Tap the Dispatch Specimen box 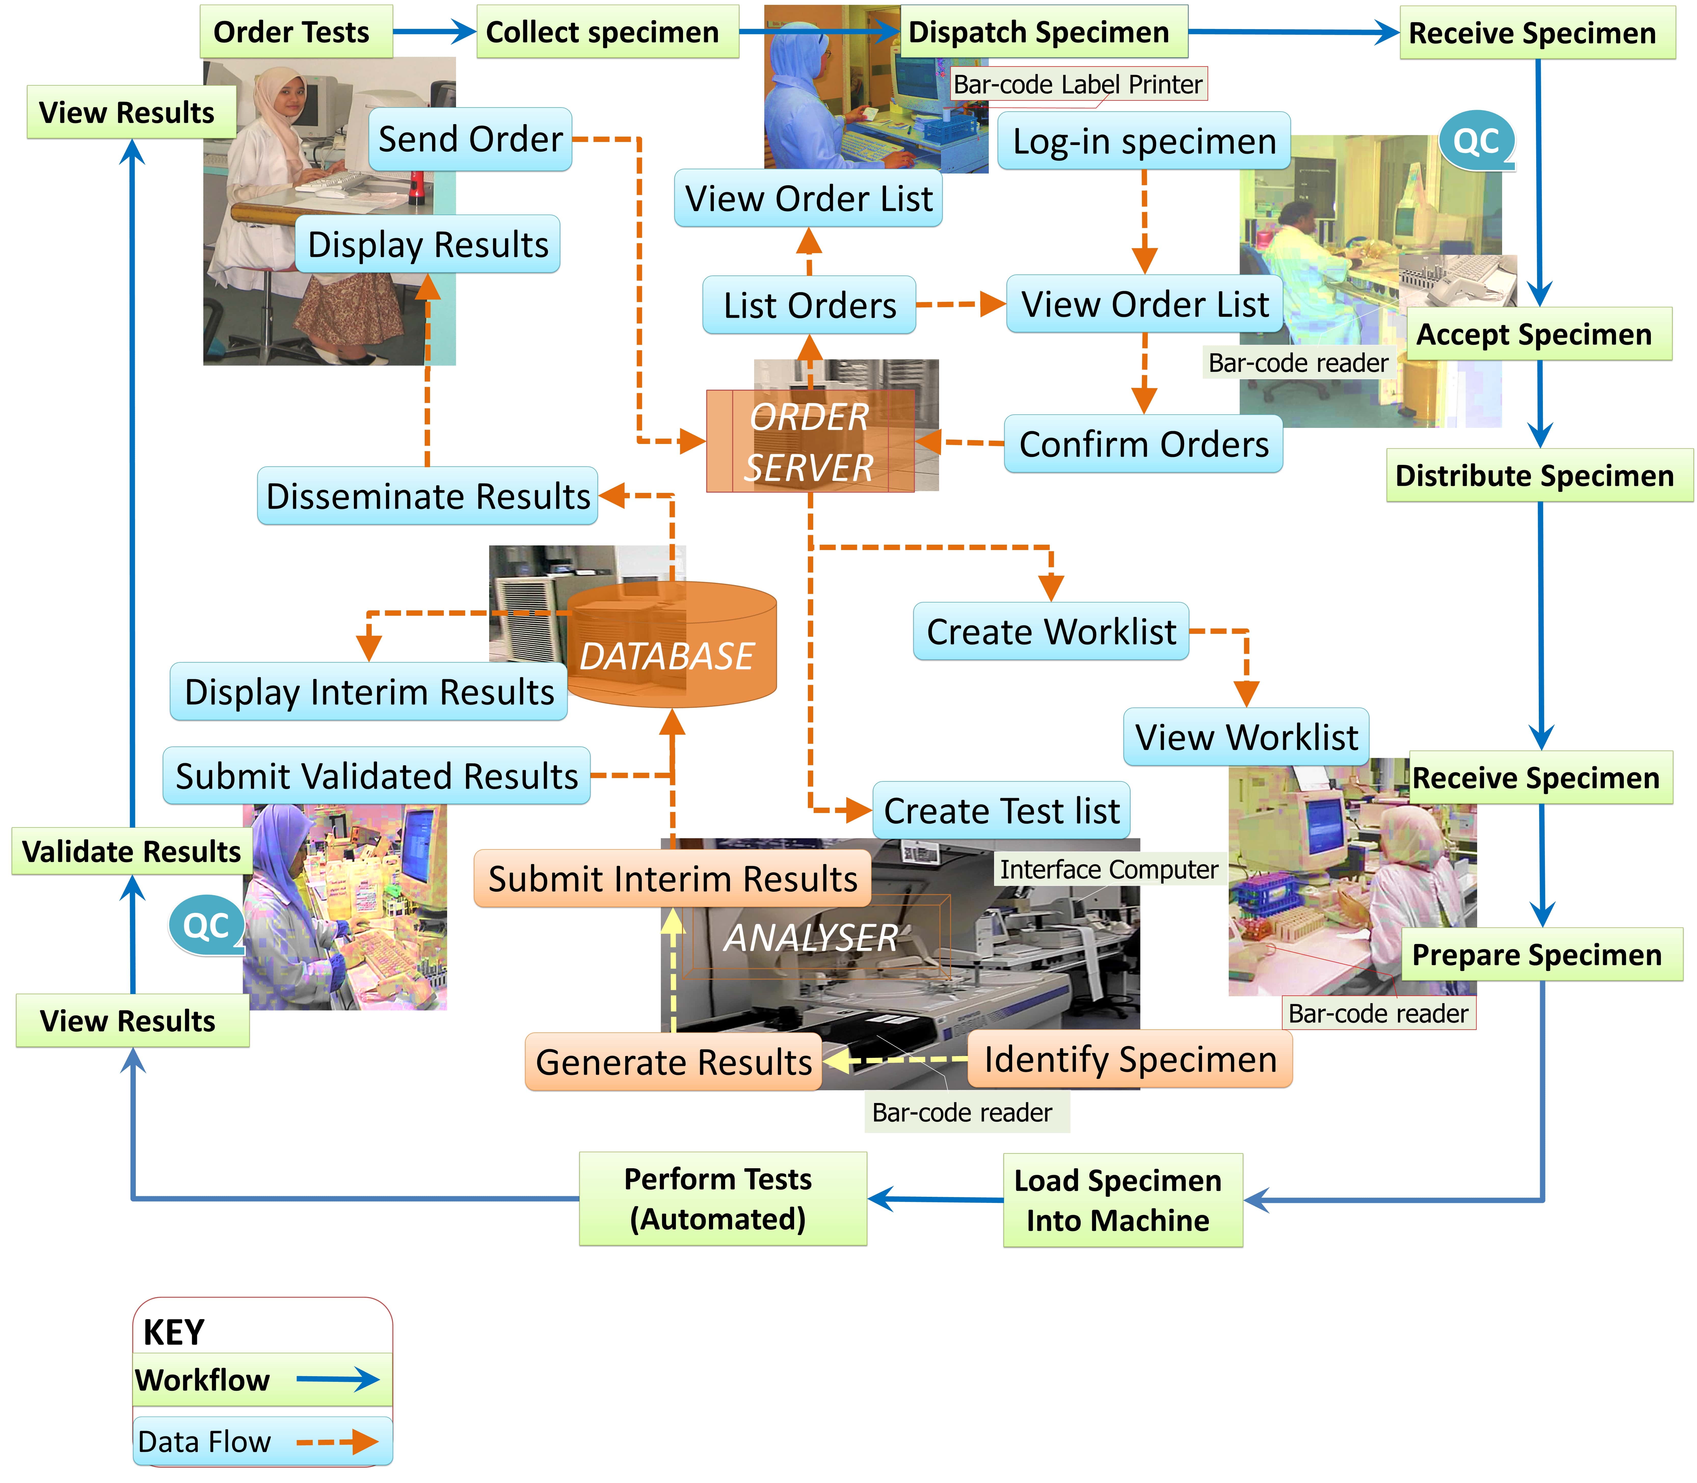pyautogui.click(x=1042, y=32)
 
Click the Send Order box pyautogui.click(x=470, y=139)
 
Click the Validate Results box pyautogui.click(x=131, y=851)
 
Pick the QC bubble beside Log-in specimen pyautogui.click(x=1476, y=141)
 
